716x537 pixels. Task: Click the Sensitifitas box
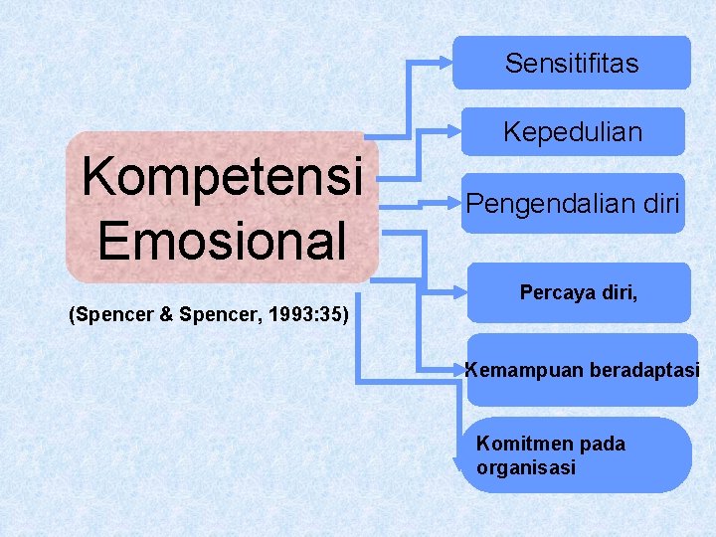tap(571, 64)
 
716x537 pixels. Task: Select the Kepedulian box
tap(572, 131)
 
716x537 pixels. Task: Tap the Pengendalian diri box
tap(572, 204)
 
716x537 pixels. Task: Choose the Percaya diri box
tap(578, 293)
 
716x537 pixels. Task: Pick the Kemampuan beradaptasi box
tap(582, 370)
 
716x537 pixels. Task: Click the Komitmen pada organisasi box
tap(577, 455)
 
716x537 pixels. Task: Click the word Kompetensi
tap(222, 177)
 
